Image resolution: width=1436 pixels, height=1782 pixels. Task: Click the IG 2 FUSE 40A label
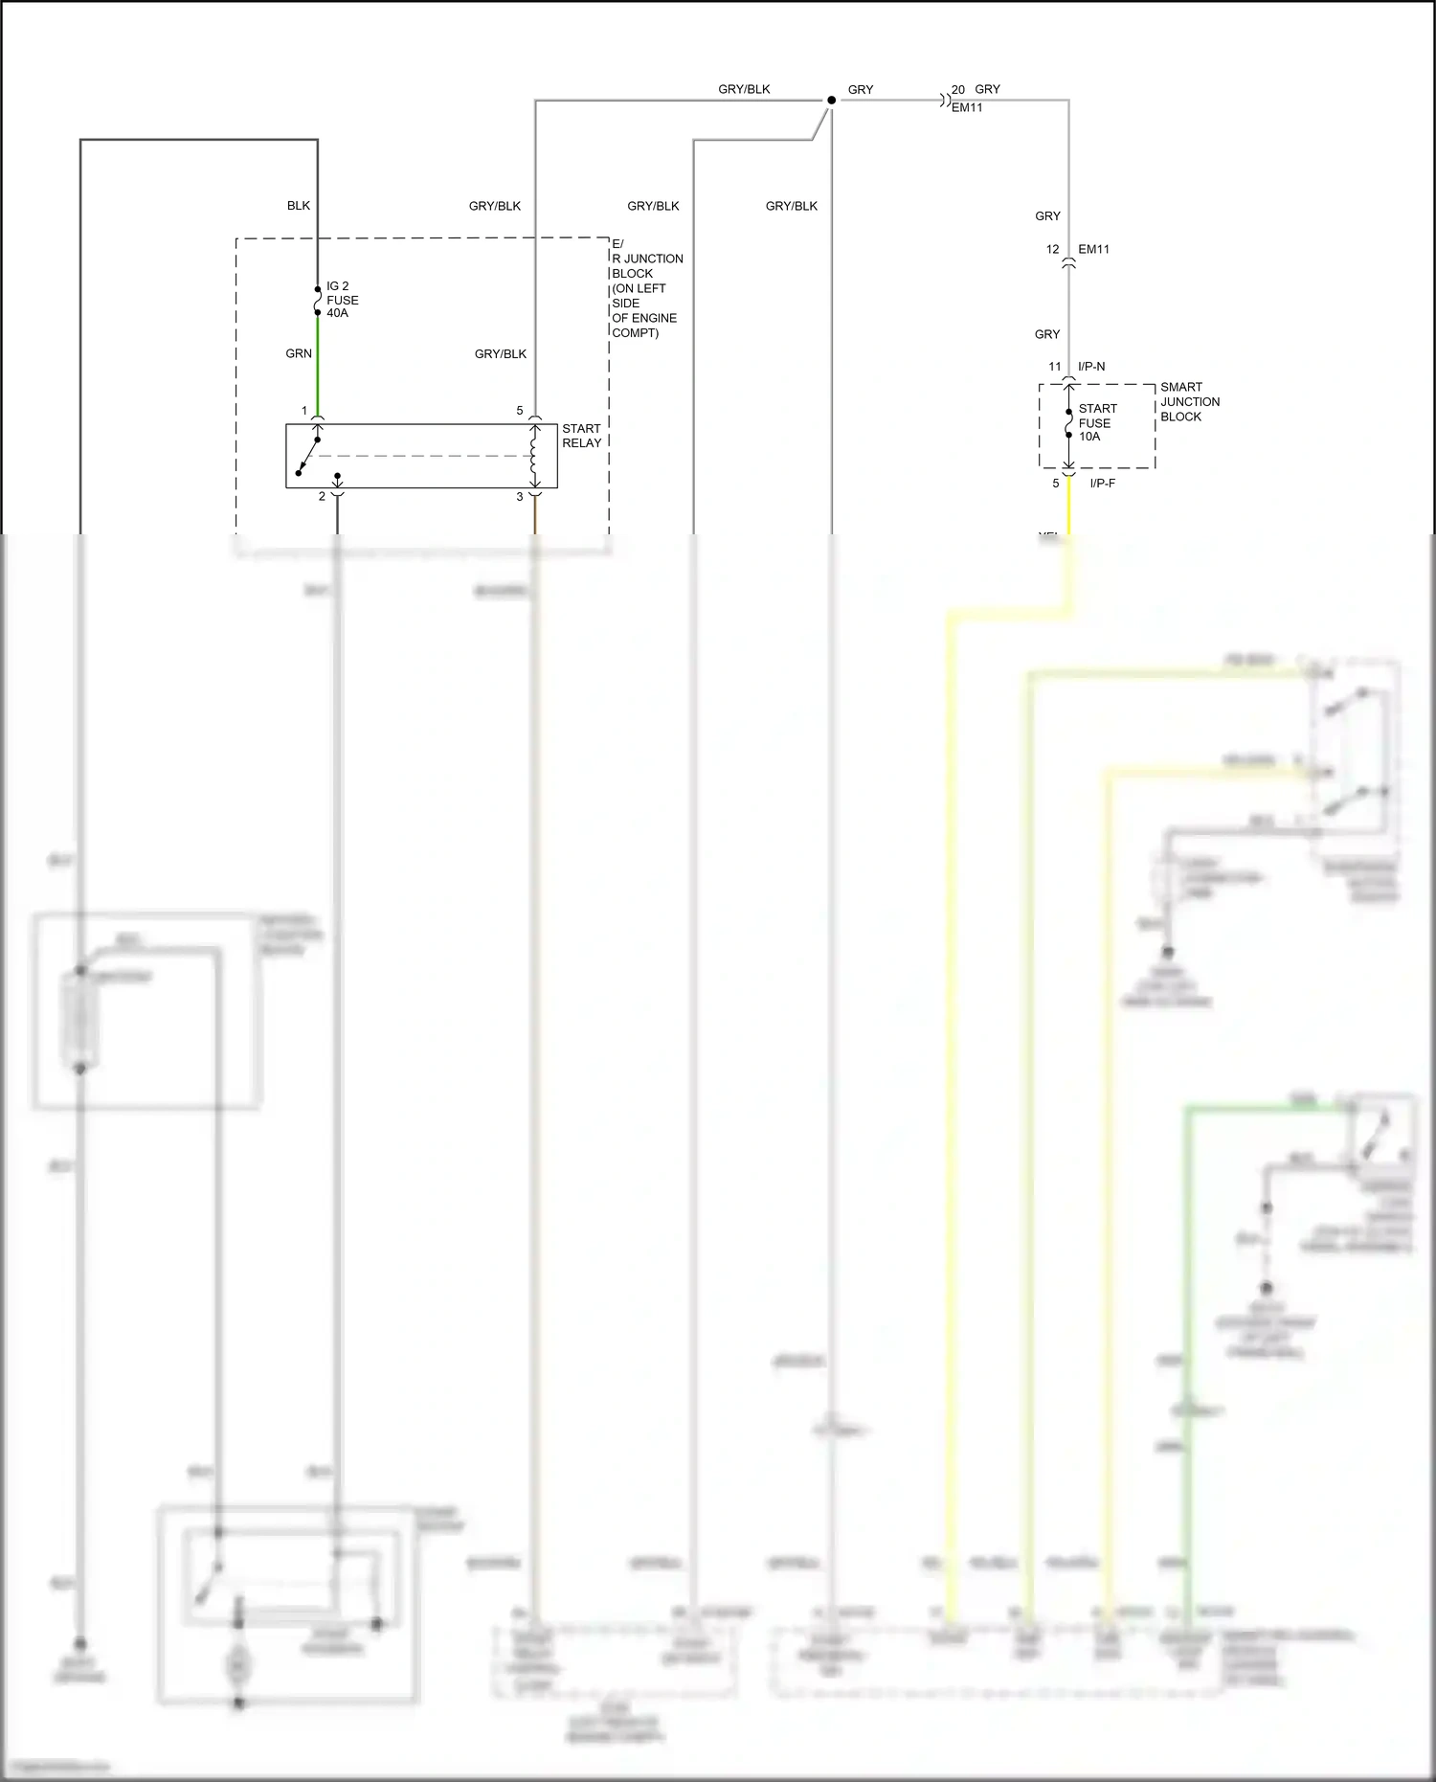click(x=342, y=300)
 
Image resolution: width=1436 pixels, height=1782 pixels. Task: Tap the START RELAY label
click(x=581, y=436)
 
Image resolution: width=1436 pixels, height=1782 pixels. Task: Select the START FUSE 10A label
click(x=1096, y=422)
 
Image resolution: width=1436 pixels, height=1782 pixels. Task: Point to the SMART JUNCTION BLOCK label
click(x=1189, y=402)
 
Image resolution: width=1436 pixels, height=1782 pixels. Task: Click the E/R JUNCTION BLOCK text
click(x=645, y=288)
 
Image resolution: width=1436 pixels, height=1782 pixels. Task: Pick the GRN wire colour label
click(x=299, y=353)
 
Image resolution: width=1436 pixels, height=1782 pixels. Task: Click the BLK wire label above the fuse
click(x=299, y=206)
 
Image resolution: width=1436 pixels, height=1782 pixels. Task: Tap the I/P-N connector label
click(x=1091, y=367)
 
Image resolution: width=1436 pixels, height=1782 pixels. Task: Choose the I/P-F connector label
click(x=1102, y=484)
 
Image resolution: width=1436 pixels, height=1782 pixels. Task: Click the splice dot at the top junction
click(x=831, y=100)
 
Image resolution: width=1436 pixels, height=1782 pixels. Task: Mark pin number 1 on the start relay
click(x=304, y=411)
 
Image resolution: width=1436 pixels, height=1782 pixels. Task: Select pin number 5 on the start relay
click(x=520, y=411)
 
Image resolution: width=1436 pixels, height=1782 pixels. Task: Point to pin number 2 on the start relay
click(x=322, y=497)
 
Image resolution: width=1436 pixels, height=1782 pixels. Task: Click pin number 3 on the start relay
click(x=520, y=497)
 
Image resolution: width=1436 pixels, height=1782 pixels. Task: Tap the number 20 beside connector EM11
click(x=957, y=90)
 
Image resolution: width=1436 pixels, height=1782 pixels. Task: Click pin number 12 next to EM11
click(x=1052, y=249)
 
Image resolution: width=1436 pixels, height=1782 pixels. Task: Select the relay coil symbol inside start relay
click(x=534, y=457)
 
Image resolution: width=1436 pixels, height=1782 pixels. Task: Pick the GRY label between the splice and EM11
click(x=861, y=90)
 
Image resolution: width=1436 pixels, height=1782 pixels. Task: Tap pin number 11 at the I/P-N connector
click(x=1054, y=367)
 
